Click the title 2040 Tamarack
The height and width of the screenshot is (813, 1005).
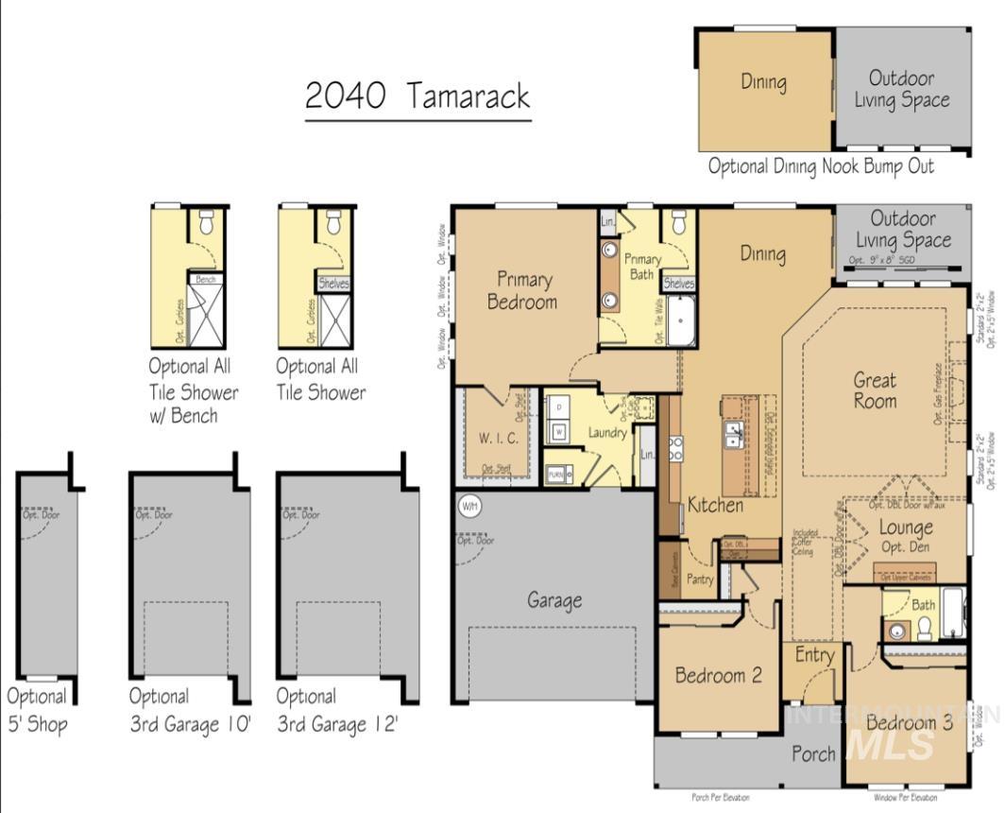[417, 95]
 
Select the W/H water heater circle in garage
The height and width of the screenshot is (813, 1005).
[469, 506]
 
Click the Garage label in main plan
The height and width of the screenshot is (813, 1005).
[554, 600]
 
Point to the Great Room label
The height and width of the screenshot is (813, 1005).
[875, 389]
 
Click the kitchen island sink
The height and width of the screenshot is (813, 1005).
[733, 434]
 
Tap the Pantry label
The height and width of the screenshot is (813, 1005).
[700, 579]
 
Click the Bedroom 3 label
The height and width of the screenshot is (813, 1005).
[910, 723]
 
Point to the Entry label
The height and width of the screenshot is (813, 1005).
[814, 655]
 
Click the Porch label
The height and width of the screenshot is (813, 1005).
[812, 753]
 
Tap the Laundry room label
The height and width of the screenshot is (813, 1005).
[606, 433]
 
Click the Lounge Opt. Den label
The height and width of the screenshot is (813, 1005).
[906, 536]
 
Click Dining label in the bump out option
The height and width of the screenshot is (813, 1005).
[763, 82]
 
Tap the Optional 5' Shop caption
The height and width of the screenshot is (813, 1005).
[37, 710]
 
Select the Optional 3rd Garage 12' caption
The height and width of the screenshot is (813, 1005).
[337, 710]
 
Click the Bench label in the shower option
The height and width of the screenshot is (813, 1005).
[205, 280]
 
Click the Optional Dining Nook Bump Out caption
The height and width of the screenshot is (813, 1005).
[821, 166]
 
